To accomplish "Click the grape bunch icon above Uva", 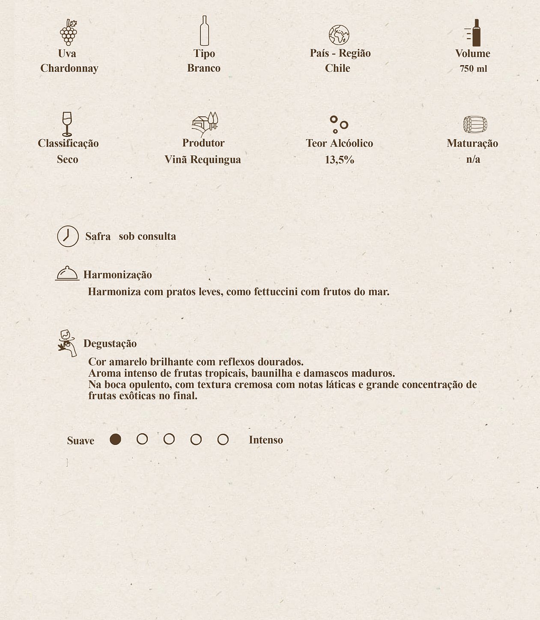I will [x=68, y=33].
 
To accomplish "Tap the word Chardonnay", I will [x=69, y=68].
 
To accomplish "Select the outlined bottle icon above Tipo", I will [x=204, y=31].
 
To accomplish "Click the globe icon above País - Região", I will [x=339, y=35].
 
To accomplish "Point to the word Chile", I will [x=337, y=68].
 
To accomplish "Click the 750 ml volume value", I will [x=473, y=69].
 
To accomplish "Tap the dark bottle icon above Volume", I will [x=475, y=33].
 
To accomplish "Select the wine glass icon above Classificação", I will [x=67, y=124].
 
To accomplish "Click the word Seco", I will [x=68, y=159].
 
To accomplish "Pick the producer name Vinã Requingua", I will [x=203, y=159].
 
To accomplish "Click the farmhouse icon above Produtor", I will [x=205, y=124].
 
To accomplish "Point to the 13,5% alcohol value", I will [x=340, y=160].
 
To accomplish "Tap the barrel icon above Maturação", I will [x=475, y=125].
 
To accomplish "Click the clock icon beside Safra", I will [x=68, y=236].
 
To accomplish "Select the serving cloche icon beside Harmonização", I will [x=67, y=273].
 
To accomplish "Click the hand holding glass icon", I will [x=67, y=343].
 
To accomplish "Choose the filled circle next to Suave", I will [x=115, y=439].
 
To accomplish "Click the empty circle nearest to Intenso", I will [x=223, y=439].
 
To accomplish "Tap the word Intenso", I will [x=266, y=440].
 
